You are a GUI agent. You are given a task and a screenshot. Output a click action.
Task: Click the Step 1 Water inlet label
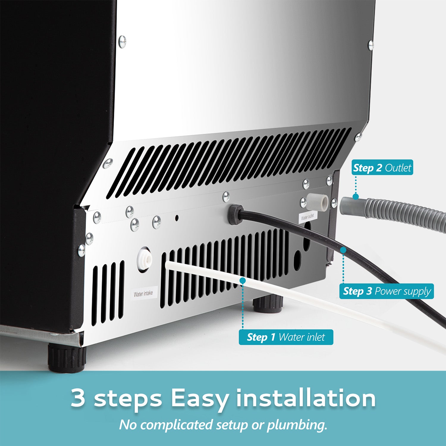coord(286,337)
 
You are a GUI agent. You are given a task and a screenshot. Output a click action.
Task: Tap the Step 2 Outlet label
coord(382,168)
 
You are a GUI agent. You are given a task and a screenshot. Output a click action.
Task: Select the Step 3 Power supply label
coord(387,291)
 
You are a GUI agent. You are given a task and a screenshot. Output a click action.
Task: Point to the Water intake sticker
coord(143,294)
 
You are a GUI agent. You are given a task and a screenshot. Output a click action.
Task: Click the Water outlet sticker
coord(307,217)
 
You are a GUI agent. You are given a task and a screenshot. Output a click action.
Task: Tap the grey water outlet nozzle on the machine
coord(318,202)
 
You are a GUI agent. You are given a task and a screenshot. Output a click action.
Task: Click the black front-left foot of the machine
coord(67,358)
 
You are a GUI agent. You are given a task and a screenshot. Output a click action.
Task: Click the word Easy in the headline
coord(199,398)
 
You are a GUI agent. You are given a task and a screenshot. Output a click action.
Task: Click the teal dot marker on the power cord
coord(343,250)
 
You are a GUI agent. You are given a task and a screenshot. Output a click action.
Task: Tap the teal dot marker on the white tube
coord(243,280)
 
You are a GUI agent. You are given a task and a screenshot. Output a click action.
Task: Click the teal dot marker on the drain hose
coord(355,196)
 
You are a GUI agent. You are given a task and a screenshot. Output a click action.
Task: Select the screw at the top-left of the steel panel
coord(122,41)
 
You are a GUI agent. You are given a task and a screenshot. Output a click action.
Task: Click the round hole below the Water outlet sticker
coord(297,261)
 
